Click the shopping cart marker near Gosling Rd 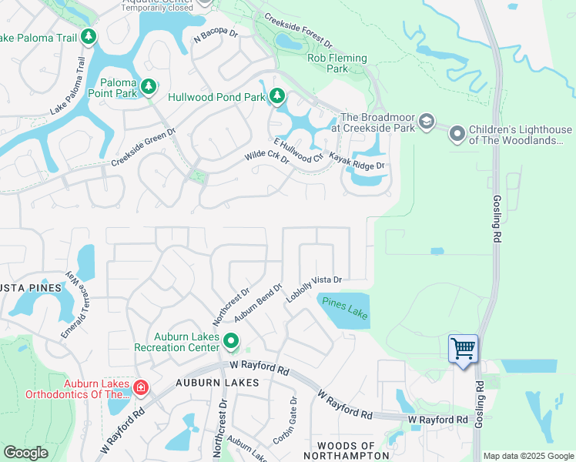pyautogui.click(x=463, y=349)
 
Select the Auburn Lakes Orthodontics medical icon pyautogui.click(x=140, y=387)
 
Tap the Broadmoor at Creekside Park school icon pyautogui.click(x=426, y=122)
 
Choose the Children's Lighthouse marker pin pyautogui.click(x=457, y=135)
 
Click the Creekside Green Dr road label pyautogui.click(x=143, y=147)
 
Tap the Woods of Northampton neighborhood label pyautogui.click(x=347, y=450)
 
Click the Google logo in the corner pyautogui.click(x=25, y=453)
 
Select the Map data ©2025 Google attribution pyautogui.click(x=527, y=456)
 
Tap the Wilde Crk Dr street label pyautogui.click(x=266, y=156)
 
